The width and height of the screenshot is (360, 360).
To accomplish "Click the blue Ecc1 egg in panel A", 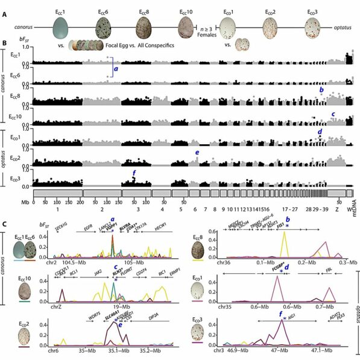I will [x=62, y=28].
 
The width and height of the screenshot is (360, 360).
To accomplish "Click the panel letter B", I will [x=5, y=44].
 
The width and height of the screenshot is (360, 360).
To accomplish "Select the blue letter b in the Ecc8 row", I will [x=321, y=90].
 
